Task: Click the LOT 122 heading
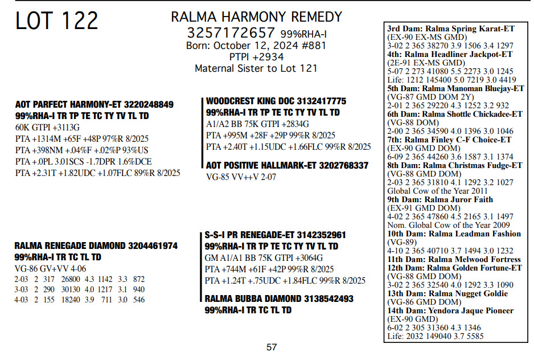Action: pos(57,21)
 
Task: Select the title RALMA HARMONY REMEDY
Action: pos(256,17)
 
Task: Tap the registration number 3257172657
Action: pos(231,32)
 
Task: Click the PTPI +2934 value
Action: pos(256,57)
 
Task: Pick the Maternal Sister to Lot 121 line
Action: pos(256,68)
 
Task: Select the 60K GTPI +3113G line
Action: pos(48,127)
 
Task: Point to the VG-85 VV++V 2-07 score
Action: pos(240,177)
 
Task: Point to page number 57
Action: pos(272,347)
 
